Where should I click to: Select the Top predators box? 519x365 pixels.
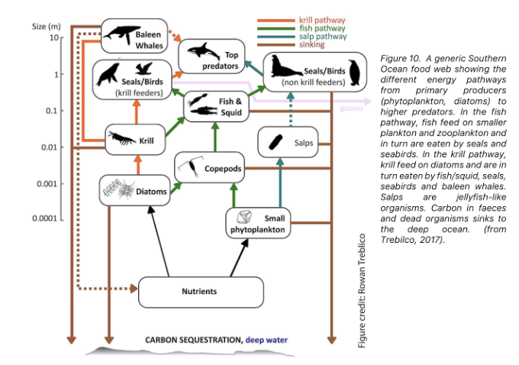coord(214,55)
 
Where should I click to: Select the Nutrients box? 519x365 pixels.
coord(200,292)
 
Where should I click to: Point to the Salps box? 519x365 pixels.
coord(291,143)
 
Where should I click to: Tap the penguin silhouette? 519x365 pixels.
coord(353,71)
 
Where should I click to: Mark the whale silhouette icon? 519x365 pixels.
coord(117,34)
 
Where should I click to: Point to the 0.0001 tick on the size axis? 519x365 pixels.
coord(46,218)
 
